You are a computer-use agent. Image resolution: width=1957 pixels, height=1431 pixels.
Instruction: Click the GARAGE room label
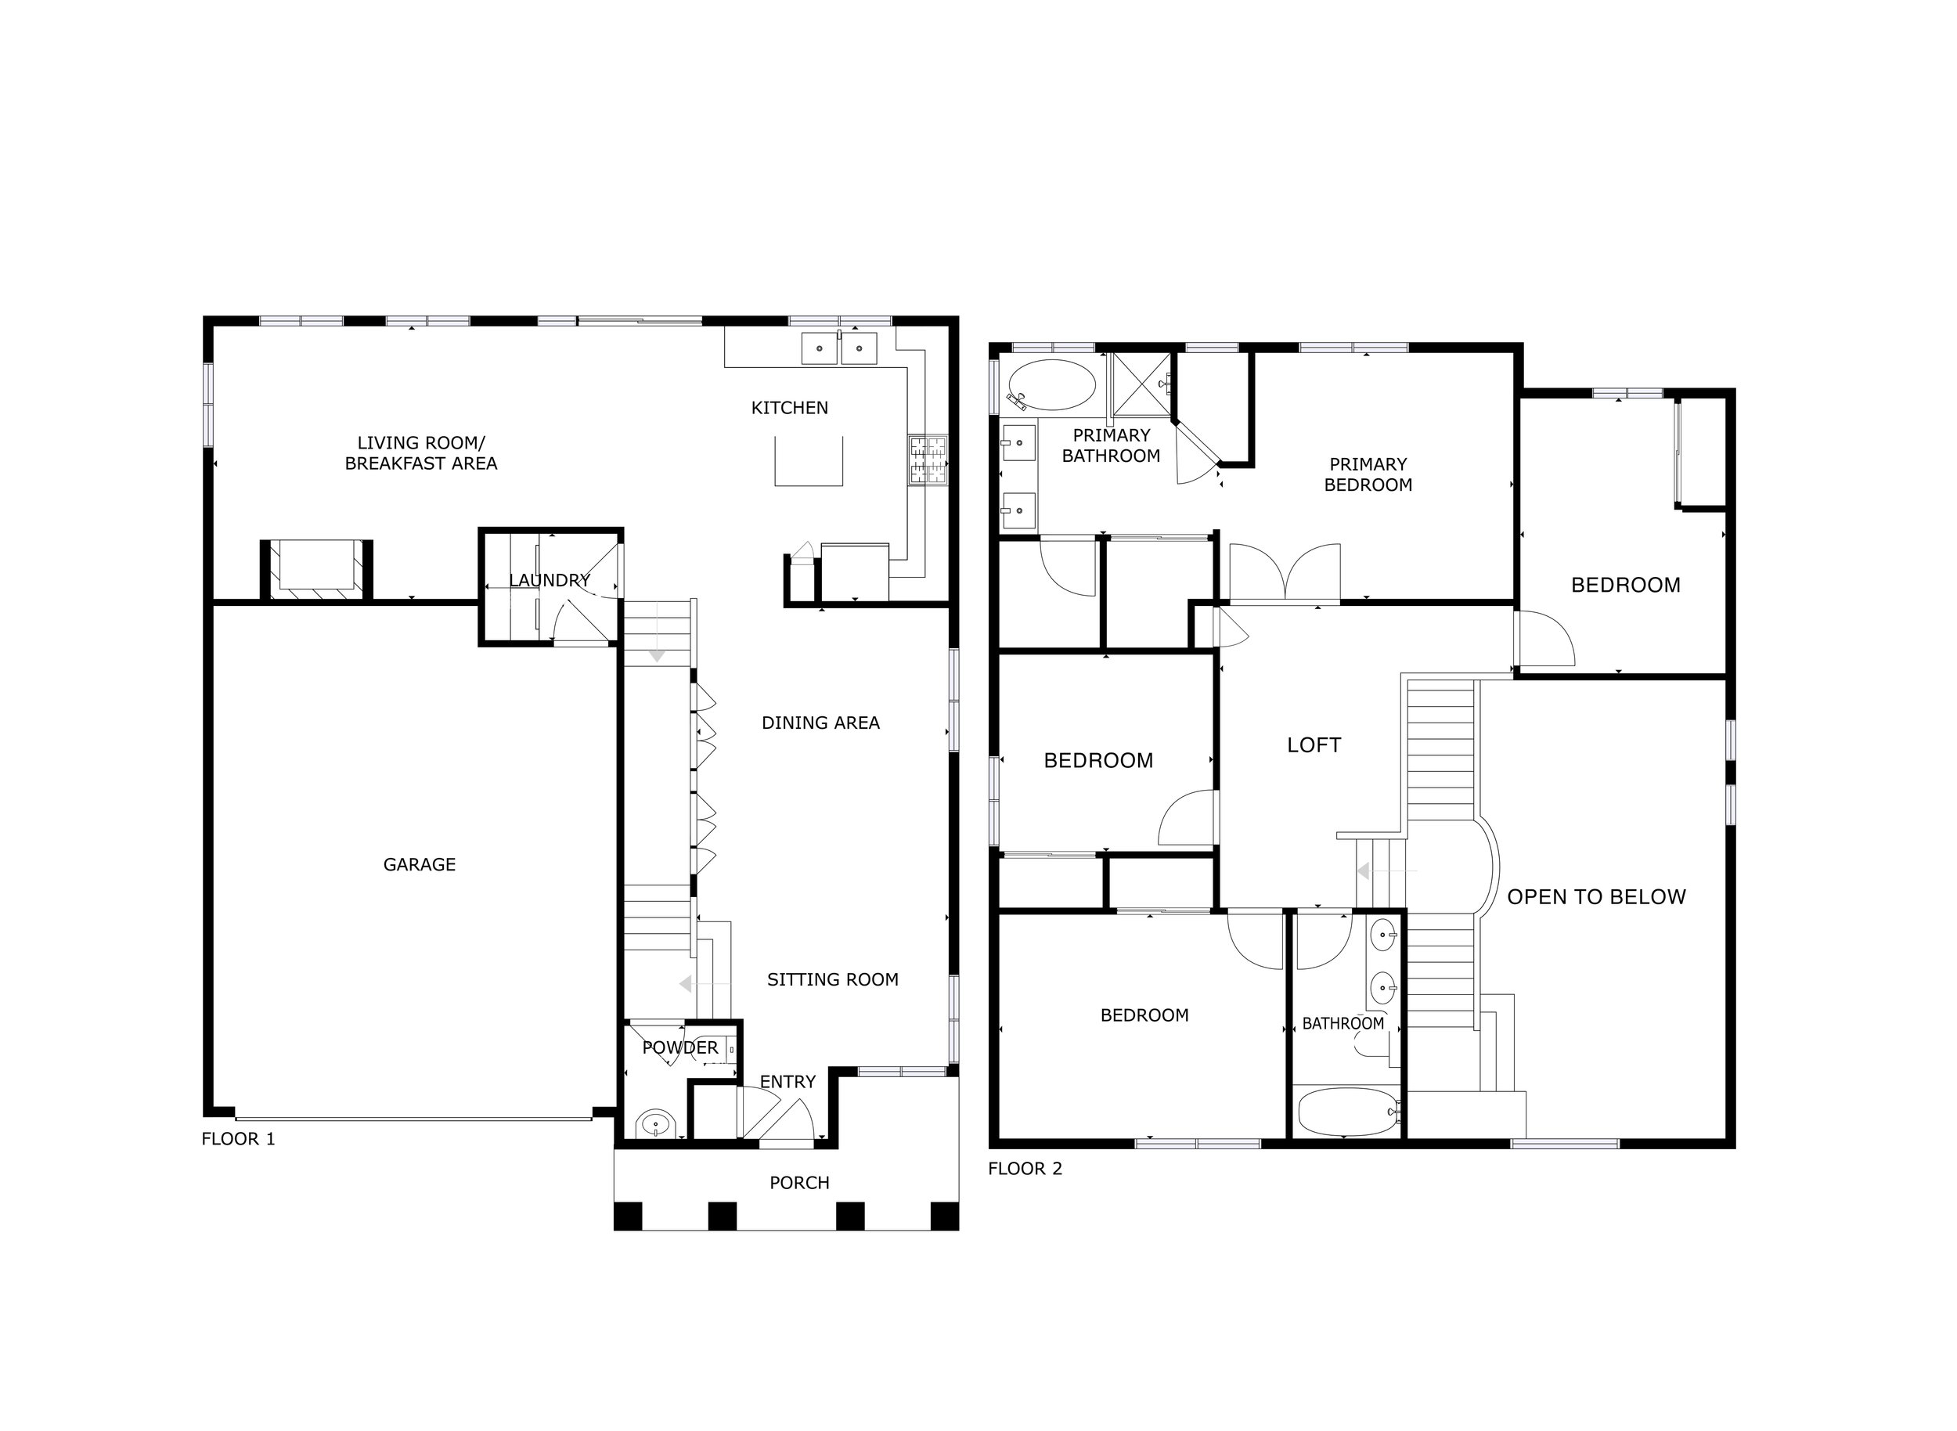[420, 864]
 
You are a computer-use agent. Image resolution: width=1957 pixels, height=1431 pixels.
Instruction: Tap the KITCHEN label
[789, 408]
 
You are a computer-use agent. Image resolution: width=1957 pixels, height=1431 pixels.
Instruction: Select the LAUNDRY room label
[550, 580]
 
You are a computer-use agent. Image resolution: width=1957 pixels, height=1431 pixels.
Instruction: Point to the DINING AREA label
[820, 723]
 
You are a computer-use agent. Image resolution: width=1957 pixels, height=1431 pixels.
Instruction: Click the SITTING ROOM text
[833, 979]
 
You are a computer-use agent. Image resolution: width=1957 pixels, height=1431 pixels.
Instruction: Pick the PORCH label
[799, 1184]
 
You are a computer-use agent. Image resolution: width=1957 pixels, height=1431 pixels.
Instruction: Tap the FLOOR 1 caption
[238, 1139]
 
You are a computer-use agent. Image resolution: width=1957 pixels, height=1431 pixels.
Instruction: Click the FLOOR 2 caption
[1025, 1169]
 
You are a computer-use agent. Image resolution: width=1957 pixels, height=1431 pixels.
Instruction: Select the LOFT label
[1314, 745]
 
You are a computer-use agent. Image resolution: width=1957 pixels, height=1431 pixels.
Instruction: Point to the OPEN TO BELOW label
[1597, 897]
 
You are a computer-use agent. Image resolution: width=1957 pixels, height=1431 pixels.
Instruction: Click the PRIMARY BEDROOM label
[1368, 474]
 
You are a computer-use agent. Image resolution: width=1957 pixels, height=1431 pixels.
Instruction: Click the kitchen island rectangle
[809, 461]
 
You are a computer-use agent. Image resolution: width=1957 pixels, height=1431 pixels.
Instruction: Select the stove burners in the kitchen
[927, 460]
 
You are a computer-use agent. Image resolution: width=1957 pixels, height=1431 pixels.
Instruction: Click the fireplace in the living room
[316, 569]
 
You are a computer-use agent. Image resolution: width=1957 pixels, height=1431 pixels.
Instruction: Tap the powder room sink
[656, 1125]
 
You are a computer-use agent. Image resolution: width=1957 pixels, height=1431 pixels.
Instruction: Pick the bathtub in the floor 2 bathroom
[1348, 1112]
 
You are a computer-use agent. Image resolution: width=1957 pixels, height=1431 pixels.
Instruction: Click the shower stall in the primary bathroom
[1141, 384]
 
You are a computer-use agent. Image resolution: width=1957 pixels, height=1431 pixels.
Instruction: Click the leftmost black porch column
[627, 1217]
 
